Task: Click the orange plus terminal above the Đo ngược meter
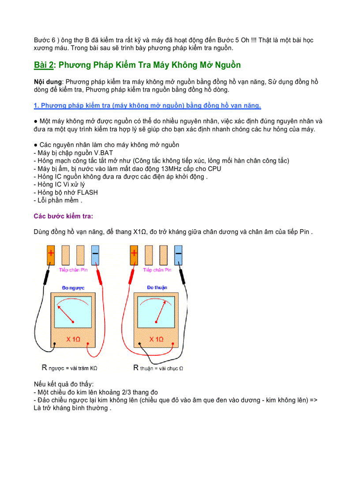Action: click(x=51, y=255)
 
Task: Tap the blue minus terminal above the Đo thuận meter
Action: click(x=178, y=255)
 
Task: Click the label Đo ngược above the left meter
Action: click(x=73, y=288)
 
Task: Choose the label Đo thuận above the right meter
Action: click(x=157, y=287)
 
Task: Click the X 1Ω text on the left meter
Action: click(x=73, y=339)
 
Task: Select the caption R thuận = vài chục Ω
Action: click(x=158, y=367)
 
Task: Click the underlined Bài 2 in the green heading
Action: click(x=44, y=65)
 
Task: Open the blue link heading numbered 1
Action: click(x=147, y=105)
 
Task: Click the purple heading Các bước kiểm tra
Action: click(x=64, y=216)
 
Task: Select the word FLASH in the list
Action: click(x=87, y=193)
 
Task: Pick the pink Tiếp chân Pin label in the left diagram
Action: click(x=73, y=270)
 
